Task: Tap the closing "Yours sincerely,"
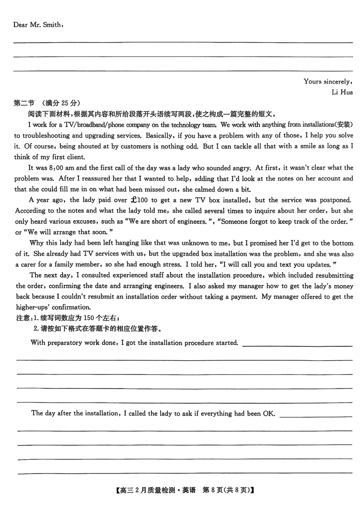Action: (x=328, y=82)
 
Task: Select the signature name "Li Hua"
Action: (x=343, y=92)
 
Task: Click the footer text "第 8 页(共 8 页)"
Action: (x=226, y=490)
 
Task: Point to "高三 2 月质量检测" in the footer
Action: (x=144, y=490)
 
